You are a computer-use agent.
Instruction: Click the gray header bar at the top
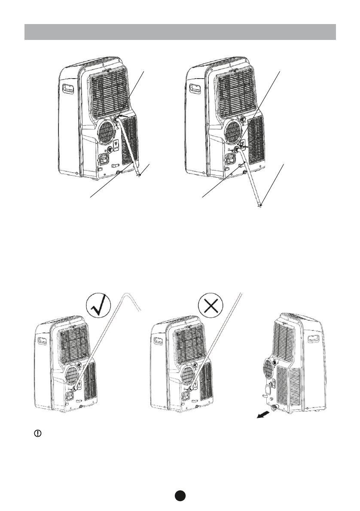[180, 32]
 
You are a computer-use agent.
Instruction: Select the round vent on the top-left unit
[107, 129]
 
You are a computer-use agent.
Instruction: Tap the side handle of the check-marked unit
[43, 342]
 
